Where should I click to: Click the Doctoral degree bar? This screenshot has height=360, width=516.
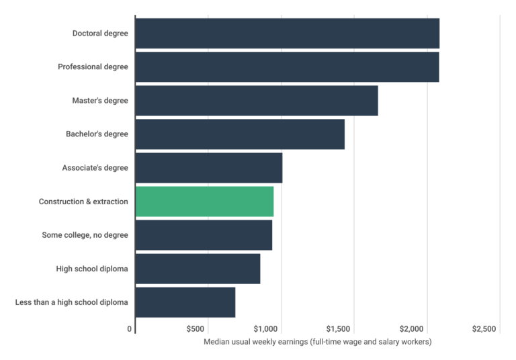click(288, 33)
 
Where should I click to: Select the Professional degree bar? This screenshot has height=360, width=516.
click(287, 66)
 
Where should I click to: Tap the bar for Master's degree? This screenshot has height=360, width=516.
click(257, 100)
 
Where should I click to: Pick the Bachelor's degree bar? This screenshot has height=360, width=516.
click(240, 134)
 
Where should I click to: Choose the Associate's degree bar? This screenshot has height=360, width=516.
click(209, 168)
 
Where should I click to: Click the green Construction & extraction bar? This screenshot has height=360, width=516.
click(205, 201)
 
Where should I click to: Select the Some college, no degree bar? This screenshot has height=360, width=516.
click(204, 235)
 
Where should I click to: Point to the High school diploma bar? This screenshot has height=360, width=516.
click(198, 269)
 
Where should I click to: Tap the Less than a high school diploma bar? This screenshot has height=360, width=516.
click(185, 302)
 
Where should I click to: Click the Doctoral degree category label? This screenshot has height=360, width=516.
click(99, 33)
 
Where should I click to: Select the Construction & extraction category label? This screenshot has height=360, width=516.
click(83, 201)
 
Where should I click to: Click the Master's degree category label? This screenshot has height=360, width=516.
click(99, 100)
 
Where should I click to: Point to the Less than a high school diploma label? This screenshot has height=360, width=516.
click(71, 302)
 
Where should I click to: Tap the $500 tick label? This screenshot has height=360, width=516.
click(195, 329)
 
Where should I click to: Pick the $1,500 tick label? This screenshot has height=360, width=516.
click(339, 329)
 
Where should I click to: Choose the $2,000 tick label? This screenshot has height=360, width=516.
click(411, 329)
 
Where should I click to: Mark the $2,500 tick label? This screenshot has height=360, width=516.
click(484, 329)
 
